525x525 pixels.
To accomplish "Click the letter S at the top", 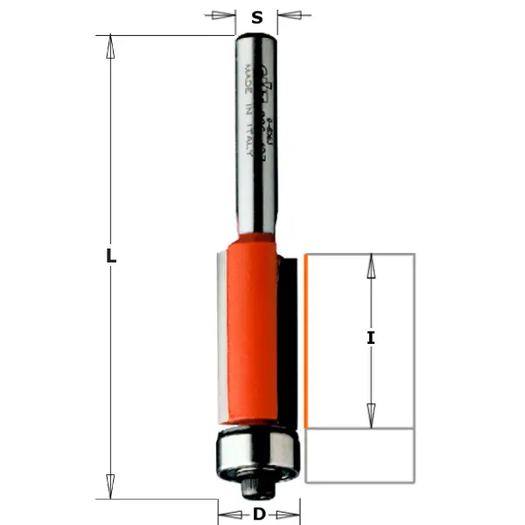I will click(257, 17).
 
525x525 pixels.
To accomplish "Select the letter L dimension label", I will click(111, 257).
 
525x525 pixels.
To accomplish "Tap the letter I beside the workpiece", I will click(370, 338).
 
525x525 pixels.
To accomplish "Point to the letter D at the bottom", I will click(258, 514).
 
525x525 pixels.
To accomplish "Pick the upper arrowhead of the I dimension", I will click(370, 266).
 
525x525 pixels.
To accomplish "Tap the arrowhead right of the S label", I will click(289, 16).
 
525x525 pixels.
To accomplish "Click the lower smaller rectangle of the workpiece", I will click(360, 455).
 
